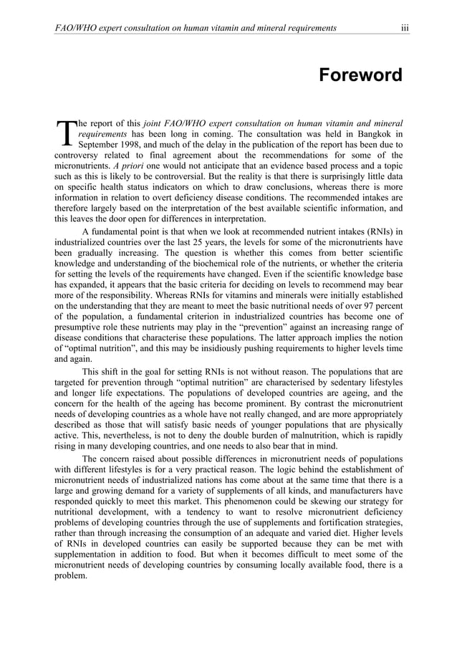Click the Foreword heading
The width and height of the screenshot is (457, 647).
point(360,75)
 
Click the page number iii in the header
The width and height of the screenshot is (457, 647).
point(405,28)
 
